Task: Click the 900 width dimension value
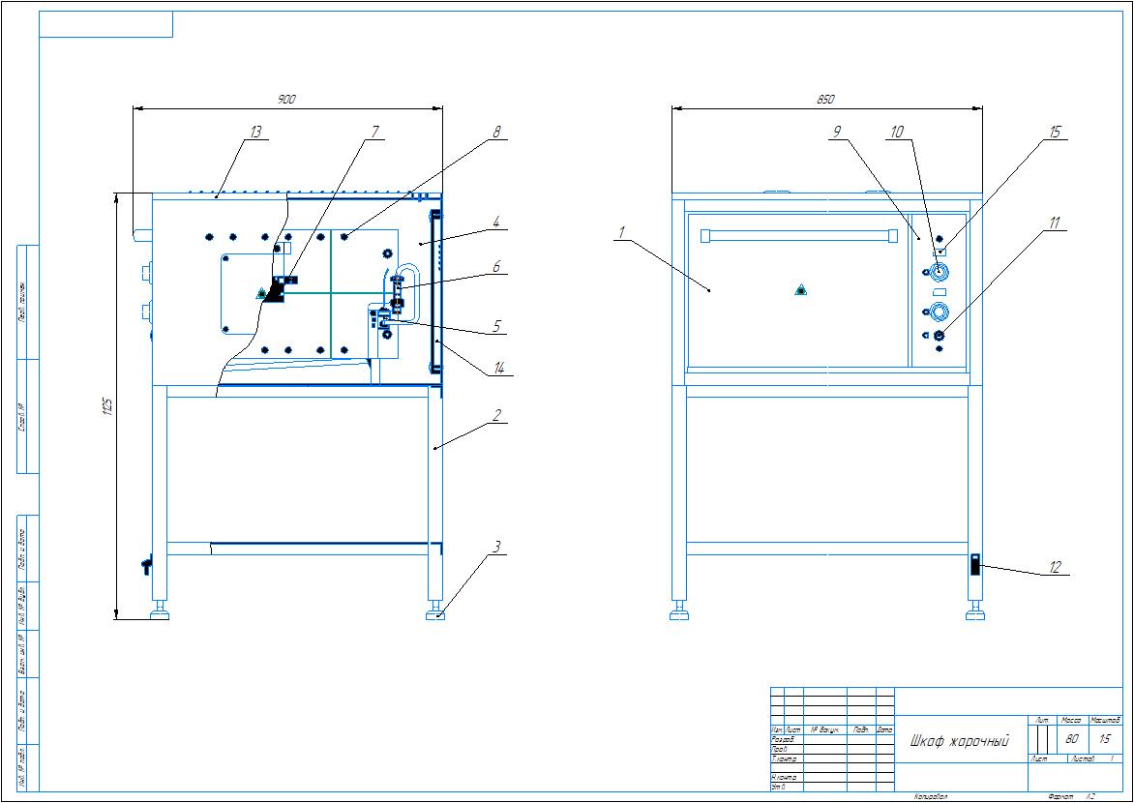click(x=286, y=100)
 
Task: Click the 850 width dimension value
click(x=825, y=100)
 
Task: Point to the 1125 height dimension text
click(x=107, y=406)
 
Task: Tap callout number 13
click(x=255, y=132)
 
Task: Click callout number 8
click(x=496, y=132)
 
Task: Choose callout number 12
click(x=1055, y=568)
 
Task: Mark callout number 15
click(x=1055, y=132)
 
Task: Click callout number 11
click(x=1055, y=223)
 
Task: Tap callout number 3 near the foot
click(x=496, y=548)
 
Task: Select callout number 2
click(x=496, y=415)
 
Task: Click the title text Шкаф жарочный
click(x=959, y=741)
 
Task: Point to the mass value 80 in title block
click(x=1071, y=738)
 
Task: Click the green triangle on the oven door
click(x=800, y=289)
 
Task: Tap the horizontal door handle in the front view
click(x=793, y=235)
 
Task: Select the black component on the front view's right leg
click(x=975, y=564)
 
